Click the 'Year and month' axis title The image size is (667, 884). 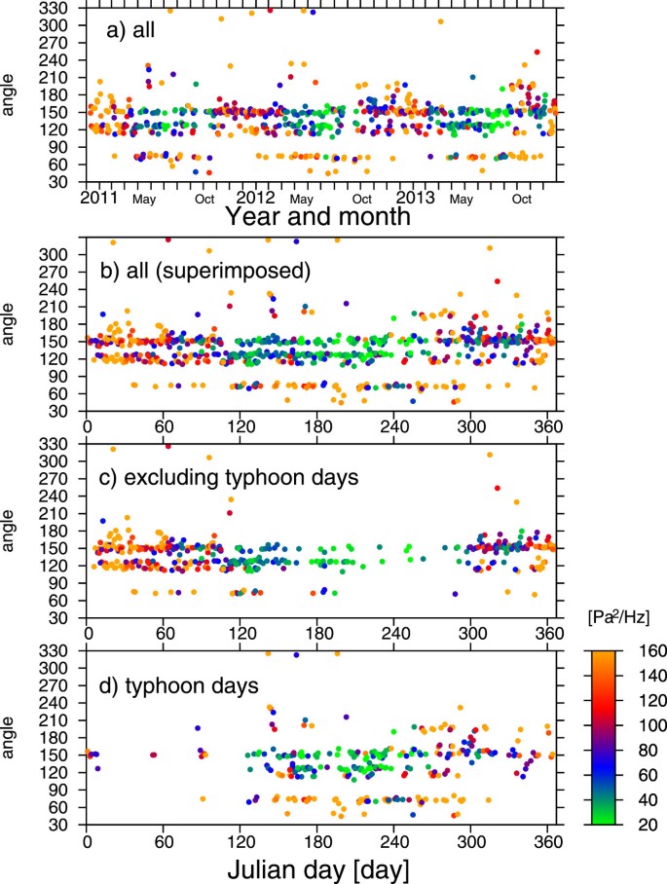pos(316,216)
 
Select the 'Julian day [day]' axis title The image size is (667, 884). pos(319,864)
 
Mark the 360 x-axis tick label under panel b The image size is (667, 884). pos(547,426)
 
